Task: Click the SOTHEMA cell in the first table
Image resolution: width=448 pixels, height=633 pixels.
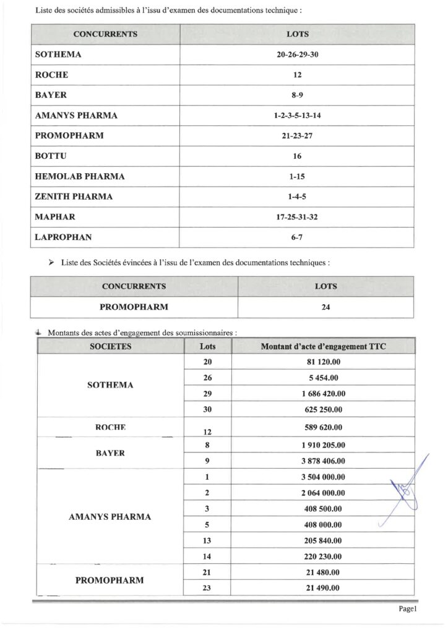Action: coord(59,54)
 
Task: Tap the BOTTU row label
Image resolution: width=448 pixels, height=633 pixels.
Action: coord(52,156)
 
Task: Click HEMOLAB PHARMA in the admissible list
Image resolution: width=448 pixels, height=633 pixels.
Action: coord(80,176)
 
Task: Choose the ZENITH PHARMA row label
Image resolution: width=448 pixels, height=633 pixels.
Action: coord(74,197)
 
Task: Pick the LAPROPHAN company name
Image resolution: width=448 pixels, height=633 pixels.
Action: coord(62,237)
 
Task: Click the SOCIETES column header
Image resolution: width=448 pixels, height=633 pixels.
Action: coord(111,346)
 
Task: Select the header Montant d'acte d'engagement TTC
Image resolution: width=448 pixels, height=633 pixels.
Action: coord(323,346)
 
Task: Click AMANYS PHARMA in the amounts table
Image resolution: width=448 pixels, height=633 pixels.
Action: coord(110,517)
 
